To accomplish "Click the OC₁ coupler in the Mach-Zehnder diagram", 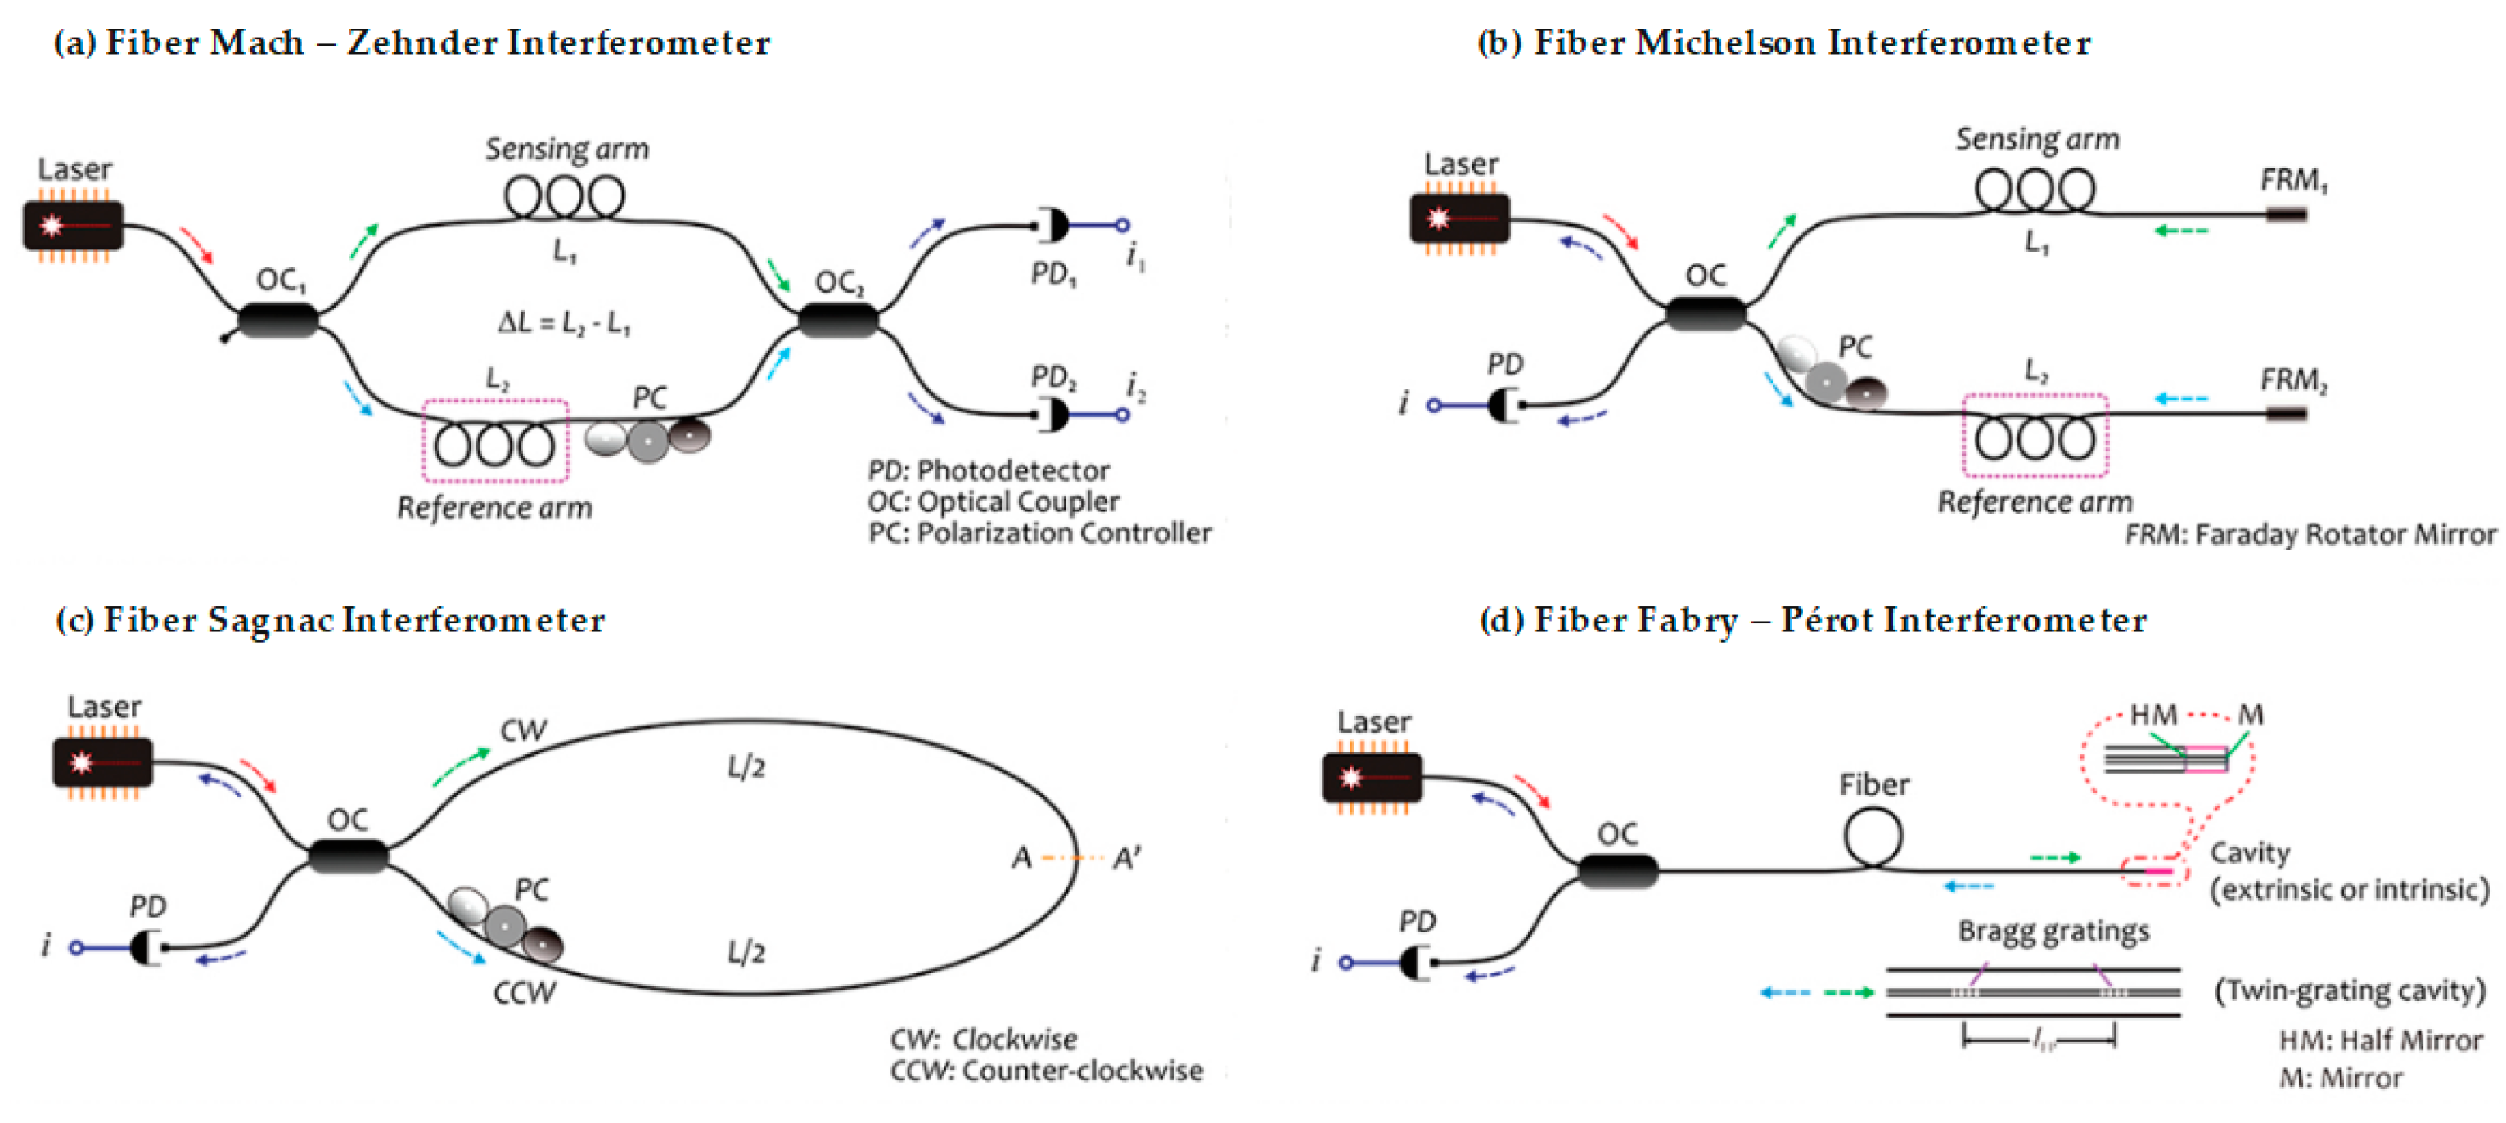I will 278,320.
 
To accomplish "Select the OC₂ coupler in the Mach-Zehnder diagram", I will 837,320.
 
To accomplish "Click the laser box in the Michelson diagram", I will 1459,218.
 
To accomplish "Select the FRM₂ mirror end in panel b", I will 2286,413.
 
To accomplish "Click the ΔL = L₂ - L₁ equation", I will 564,323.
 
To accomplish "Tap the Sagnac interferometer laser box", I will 102,763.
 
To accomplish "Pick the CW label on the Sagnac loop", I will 524,731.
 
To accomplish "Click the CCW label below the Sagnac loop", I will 525,993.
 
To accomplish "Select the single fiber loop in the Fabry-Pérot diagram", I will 1873,836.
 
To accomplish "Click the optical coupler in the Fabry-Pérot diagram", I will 1617,870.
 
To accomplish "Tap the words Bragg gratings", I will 2053,932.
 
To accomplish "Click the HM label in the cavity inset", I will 2153,716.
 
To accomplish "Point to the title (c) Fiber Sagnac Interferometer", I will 331,620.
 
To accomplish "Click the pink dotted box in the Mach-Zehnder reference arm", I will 495,441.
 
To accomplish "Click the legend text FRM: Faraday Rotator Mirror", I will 2310,535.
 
